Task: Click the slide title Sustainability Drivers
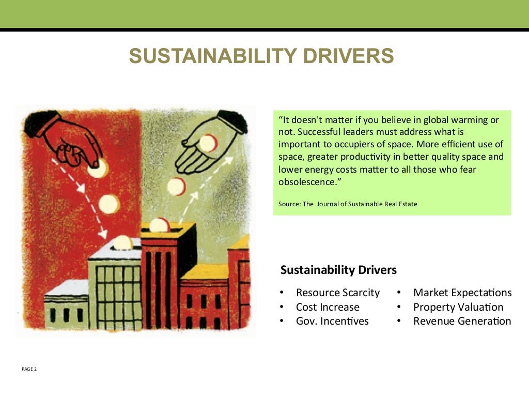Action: click(x=261, y=56)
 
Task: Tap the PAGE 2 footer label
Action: click(x=29, y=369)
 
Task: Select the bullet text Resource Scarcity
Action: click(x=337, y=293)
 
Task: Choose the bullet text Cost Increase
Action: click(x=328, y=307)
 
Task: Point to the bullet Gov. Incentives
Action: click(x=332, y=321)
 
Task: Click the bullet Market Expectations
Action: click(x=462, y=293)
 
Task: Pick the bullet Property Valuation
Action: click(x=458, y=307)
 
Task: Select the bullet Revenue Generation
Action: click(x=462, y=321)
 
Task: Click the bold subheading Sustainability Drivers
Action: click(x=338, y=270)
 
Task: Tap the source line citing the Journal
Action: click(x=348, y=204)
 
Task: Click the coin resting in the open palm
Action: click(x=208, y=143)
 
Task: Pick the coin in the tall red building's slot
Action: click(x=159, y=225)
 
